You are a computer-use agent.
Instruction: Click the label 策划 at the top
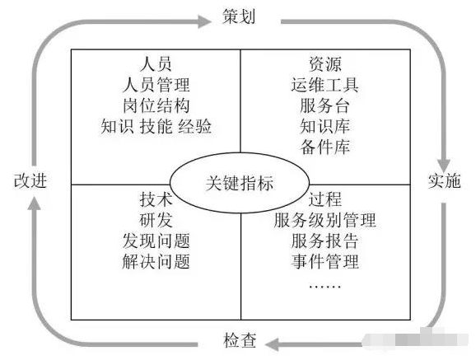(239, 16)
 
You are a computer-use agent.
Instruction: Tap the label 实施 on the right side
(444, 180)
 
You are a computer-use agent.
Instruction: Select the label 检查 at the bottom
(240, 340)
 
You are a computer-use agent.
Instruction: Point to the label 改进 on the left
(30, 180)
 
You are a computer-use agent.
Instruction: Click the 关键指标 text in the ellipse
(240, 183)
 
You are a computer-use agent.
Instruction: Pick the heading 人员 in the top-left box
(156, 64)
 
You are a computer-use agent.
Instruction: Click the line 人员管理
(156, 85)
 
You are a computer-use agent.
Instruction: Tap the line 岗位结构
(156, 105)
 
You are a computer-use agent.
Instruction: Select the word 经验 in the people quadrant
(195, 126)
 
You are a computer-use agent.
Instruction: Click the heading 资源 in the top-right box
(325, 64)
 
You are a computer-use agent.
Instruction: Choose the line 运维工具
(324, 85)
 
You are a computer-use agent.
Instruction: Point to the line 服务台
(324, 105)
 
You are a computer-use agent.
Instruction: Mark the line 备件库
(324, 147)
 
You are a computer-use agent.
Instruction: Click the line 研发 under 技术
(156, 220)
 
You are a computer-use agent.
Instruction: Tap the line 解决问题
(156, 262)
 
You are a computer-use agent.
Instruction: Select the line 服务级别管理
(324, 220)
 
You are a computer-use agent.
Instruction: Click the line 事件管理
(324, 262)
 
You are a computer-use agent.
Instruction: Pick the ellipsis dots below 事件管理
(324, 287)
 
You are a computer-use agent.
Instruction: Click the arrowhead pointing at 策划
(204, 21)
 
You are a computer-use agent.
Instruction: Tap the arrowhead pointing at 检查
(273, 344)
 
